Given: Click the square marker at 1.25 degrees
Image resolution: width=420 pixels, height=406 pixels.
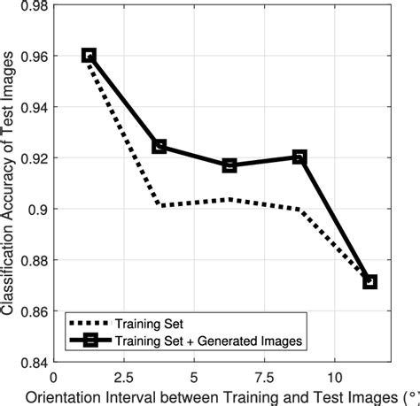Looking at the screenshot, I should coord(89,55).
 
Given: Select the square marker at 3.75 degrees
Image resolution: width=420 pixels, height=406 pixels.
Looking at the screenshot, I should coord(159,146).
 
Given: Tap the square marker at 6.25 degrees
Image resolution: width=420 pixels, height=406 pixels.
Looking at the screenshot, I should coord(229,165).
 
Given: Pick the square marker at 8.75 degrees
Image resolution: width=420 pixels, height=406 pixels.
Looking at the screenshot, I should coord(299,157).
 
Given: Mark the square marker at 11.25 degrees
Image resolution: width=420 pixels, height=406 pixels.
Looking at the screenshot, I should coord(369,281).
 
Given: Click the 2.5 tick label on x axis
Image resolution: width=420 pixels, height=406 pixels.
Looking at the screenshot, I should coord(124,375).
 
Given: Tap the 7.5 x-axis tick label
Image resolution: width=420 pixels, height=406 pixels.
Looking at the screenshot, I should coord(264,375).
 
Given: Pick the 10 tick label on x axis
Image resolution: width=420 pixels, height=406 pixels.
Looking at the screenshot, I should coord(334,375).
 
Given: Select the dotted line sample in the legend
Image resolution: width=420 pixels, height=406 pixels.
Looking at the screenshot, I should coord(92,323).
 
